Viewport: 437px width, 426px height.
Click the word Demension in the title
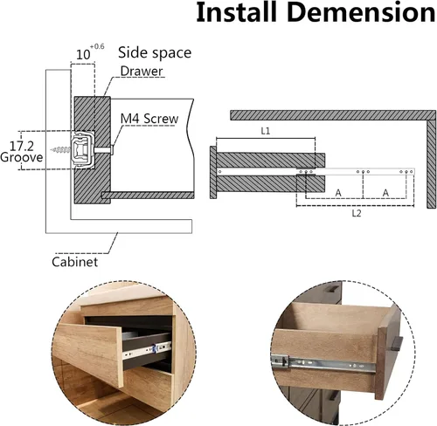[x=361, y=12]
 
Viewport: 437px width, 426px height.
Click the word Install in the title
[x=236, y=12]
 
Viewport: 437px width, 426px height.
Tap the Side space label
[x=155, y=53]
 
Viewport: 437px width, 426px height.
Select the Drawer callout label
[x=142, y=71]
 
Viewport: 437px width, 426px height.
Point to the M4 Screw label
[x=149, y=119]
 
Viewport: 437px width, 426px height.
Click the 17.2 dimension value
[x=22, y=146]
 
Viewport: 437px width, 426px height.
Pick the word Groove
[x=22, y=157]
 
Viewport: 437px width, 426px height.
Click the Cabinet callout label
[x=74, y=262]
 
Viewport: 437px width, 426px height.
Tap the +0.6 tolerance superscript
[x=97, y=46]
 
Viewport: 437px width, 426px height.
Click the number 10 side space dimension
[x=83, y=55]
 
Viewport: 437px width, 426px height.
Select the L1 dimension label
[x=266, y=131]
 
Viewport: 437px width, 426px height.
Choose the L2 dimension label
[x=357, y=213]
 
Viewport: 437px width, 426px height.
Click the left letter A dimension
[x=338, y=193]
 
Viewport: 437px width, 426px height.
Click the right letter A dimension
[x=385, y=193]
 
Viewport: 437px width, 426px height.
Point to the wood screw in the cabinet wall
[x=60, y=150]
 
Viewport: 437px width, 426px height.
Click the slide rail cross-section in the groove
[x=83, y=149]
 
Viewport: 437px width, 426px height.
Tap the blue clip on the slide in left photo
[x=155, y=347]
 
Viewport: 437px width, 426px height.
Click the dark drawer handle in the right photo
[x=398, y=343]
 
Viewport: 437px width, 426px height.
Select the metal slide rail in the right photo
[x=324, y=363]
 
